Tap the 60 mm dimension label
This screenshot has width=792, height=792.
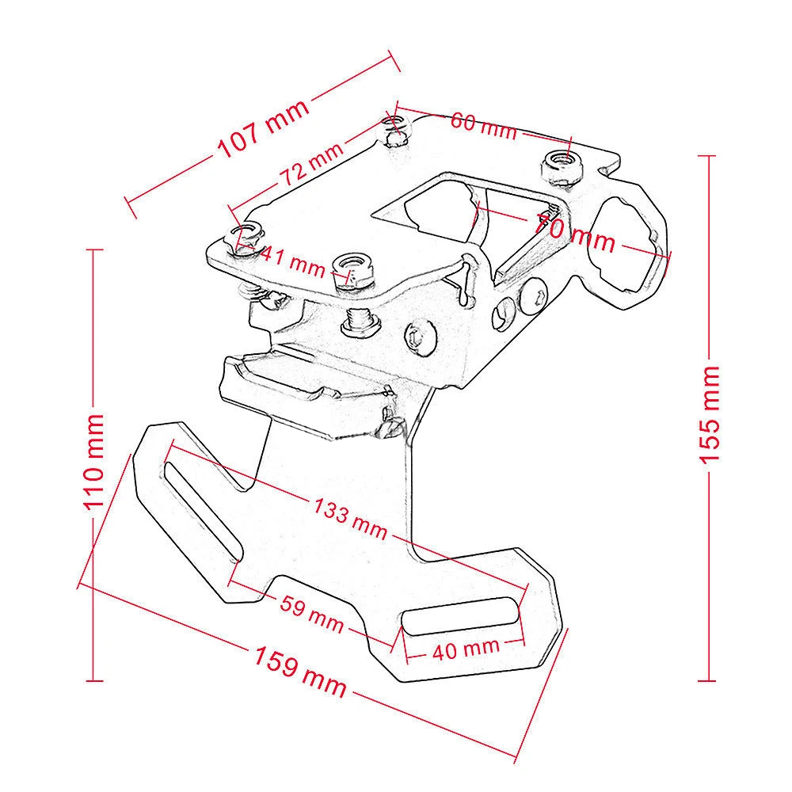[x=483, y=125]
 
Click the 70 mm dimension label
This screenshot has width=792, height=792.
[x=575, y=230]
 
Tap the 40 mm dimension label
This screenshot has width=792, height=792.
[x=465, y=649]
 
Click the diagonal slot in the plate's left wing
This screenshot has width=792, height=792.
[x=200, y=507]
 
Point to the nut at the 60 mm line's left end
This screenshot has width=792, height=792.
[x=394, y=131]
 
